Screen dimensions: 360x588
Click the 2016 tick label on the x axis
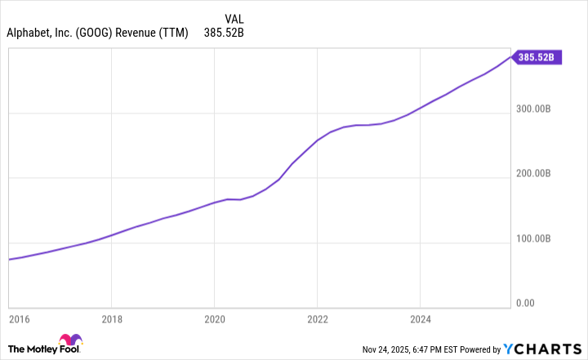(19, 319)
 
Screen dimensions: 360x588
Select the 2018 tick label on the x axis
(112, 319)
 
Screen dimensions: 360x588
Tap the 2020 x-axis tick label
(214, 319)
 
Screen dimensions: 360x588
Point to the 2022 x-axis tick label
(317, 319)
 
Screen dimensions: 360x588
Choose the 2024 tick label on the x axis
(419, 319)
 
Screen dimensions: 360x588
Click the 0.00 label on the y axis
(540, 303)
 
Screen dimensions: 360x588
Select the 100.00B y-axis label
(535, 238)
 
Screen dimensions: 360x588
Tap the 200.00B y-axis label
(535, 173)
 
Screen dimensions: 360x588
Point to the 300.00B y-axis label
(535, 109)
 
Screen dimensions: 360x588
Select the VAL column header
(234, 18)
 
